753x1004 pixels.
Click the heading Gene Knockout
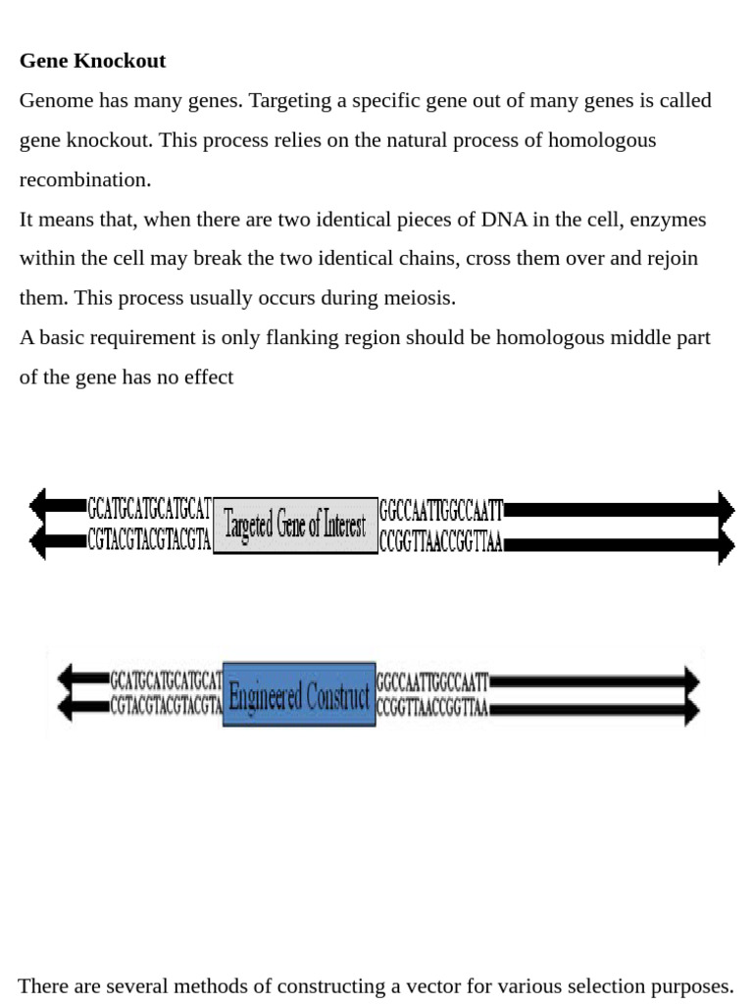tap(92, 61)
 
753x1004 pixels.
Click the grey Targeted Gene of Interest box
tap(295, 526)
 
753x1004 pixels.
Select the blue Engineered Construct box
tap(299, 695)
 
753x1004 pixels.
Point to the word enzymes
tap(667, 219)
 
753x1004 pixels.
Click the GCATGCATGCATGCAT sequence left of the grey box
tap(149, 509)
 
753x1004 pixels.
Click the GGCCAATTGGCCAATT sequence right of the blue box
tap(431, 680)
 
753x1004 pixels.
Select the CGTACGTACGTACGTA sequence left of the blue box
tap(166, 707)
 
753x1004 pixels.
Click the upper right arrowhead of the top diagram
tap(726, 509)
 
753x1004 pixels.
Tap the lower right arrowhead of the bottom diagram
tap(692, 709)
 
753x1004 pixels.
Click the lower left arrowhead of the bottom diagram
tap(66, 706)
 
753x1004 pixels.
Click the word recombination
tap(85, 179)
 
